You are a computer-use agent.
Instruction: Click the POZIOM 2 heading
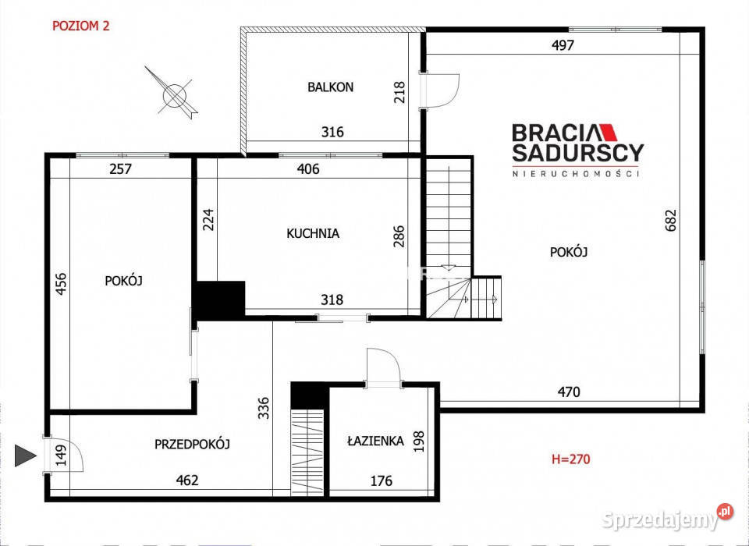click(x=80, y=26)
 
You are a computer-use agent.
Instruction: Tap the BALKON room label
click(x=330, y=87)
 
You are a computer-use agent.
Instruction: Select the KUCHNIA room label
click(x=313, y=232)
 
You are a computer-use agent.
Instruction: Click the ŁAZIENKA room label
click(x=375, y=441)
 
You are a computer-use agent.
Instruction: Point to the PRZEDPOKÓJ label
click(x=192, y=444)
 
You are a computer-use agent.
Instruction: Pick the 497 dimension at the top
click(x=563, y=45)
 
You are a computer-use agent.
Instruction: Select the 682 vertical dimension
click(x=670, y=220)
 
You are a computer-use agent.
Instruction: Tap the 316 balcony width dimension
click(x=332, y=133)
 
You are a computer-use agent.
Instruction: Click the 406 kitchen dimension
click(x=309, y=168)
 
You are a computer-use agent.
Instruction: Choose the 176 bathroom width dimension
click(x=381, y=480)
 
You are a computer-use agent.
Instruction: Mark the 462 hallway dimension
click(x=187, y=480)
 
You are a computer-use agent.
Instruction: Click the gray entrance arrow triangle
click(x=27, y=456)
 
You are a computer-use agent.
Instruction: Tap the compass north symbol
click(x=173, y=94)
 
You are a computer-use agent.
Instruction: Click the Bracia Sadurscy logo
click(x=577, y=148)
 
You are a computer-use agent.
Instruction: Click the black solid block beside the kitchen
click(x=219, y=300)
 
